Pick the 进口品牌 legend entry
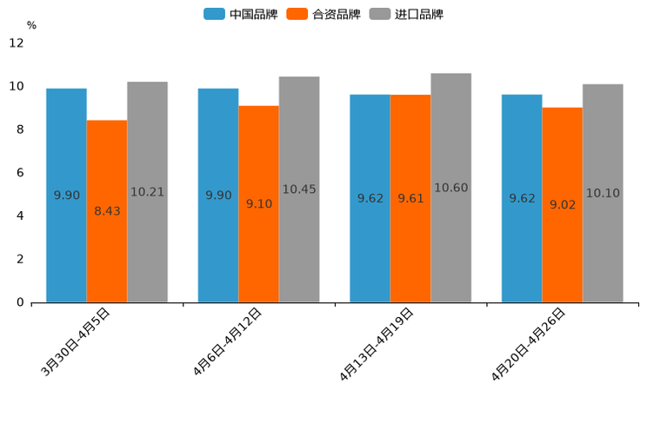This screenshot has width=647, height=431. click(x=406, y=14)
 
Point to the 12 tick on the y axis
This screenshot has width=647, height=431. click(x=17, y=43)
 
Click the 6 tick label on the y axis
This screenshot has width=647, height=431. click(x=20, y=173)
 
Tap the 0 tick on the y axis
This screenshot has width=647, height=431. click(x=20, y=302)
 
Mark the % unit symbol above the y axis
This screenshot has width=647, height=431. click(x=31, y=25)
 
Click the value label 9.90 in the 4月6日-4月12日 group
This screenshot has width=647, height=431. click(x=218, y=196)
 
